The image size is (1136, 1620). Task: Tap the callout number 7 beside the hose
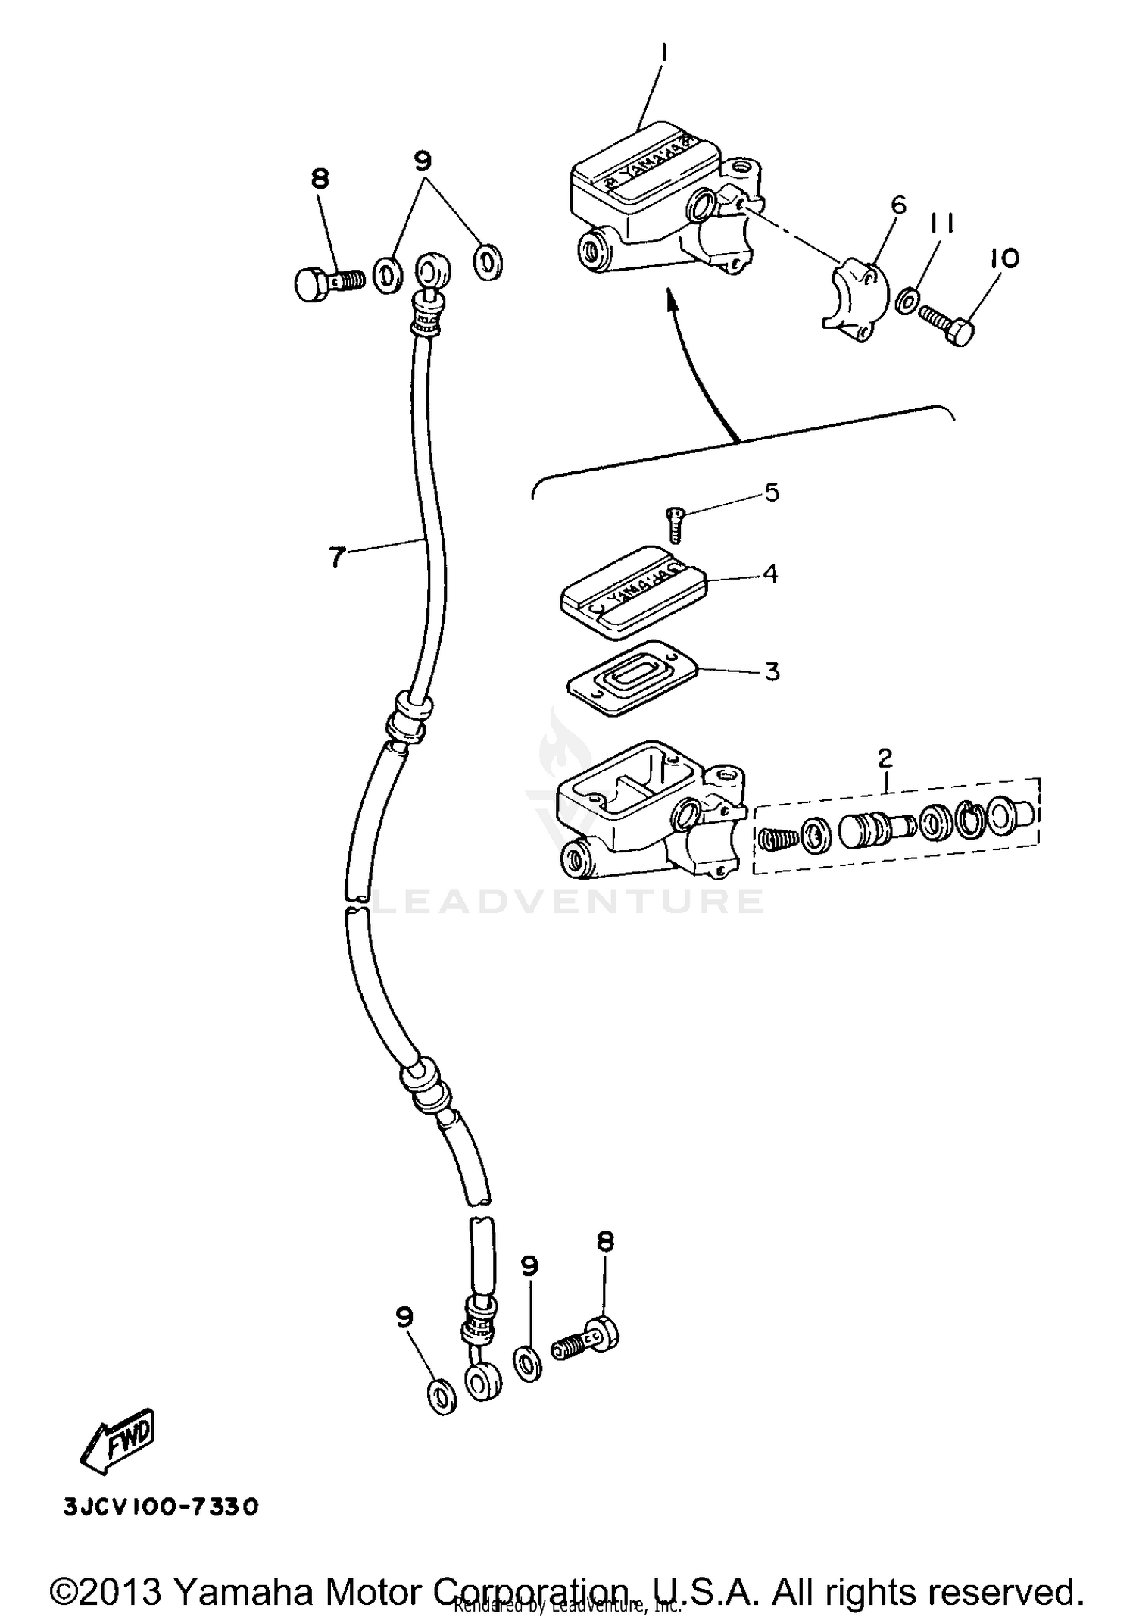point(337,557)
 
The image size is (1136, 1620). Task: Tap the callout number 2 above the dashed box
point(885,758)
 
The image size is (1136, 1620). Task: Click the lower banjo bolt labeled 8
point(585,1348)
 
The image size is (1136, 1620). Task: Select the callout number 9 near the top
point(423,161)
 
